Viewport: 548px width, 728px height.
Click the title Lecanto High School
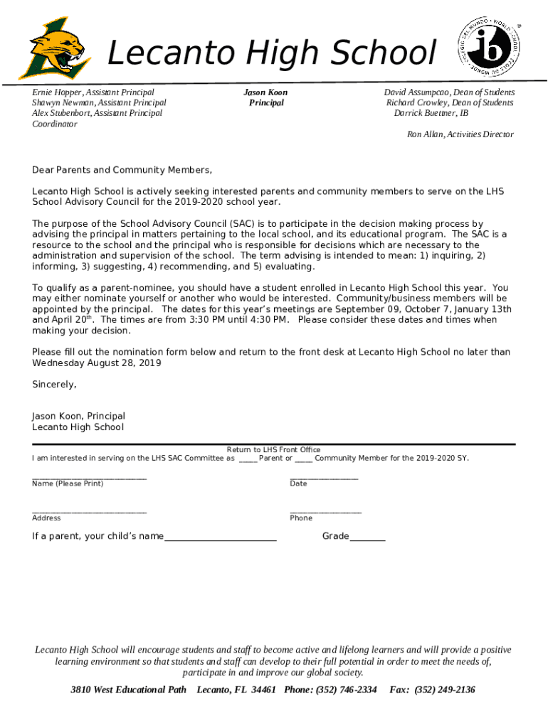coord(270,54)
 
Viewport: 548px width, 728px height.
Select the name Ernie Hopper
coord(58,92)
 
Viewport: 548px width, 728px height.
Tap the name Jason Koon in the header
coord(265,92)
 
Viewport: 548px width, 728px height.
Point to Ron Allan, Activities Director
coord(460,134)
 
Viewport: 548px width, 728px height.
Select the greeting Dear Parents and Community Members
coord(122,170)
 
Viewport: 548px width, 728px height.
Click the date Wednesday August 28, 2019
coord(97,363)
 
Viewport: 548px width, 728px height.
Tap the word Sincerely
coord(54,385)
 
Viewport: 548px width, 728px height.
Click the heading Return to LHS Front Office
coord(273,449)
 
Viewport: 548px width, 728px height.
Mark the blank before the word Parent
coord(248,459)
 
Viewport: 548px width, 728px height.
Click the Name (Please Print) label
coord(68,483)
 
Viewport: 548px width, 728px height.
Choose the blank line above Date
coord(324,477)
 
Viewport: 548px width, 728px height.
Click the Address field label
coord(46,518)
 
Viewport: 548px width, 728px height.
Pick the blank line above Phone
coord(325,511)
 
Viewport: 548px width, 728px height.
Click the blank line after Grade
coord(367,540)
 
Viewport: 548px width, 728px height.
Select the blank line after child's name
coord(220,540)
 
